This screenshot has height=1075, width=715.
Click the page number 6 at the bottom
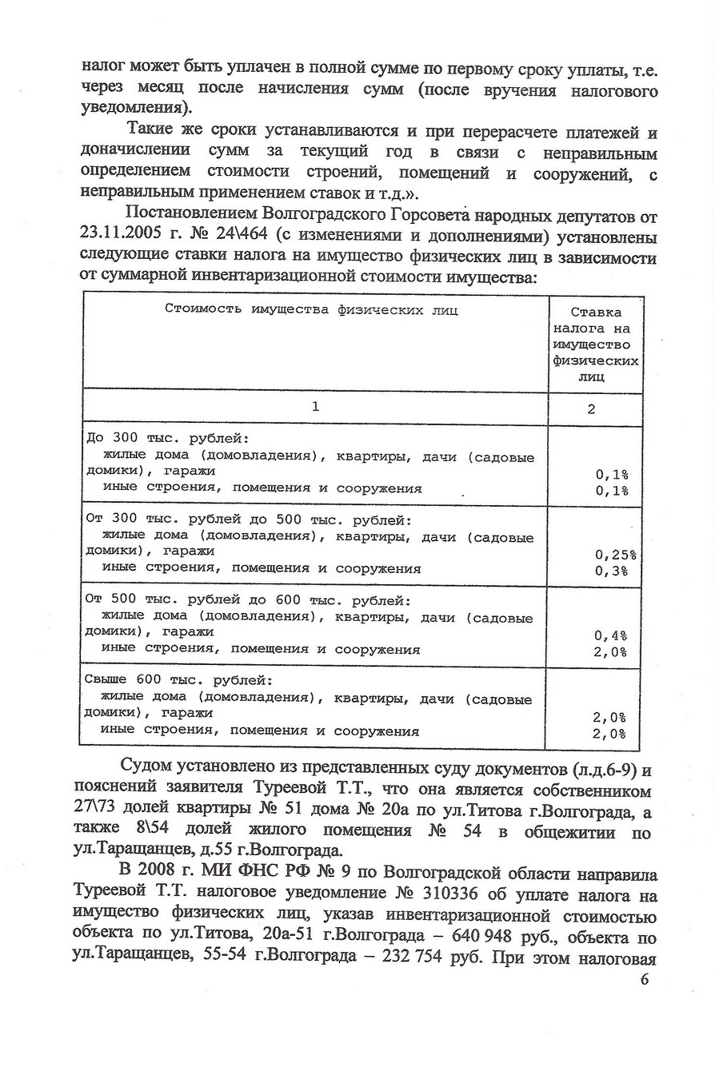pos(645,980)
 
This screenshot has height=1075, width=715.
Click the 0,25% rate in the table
pos(615,554)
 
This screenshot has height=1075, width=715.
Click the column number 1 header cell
pos(315,406)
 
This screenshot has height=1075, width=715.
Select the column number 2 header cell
pos(591,409)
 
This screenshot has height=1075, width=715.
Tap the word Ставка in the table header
pos(596,312)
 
